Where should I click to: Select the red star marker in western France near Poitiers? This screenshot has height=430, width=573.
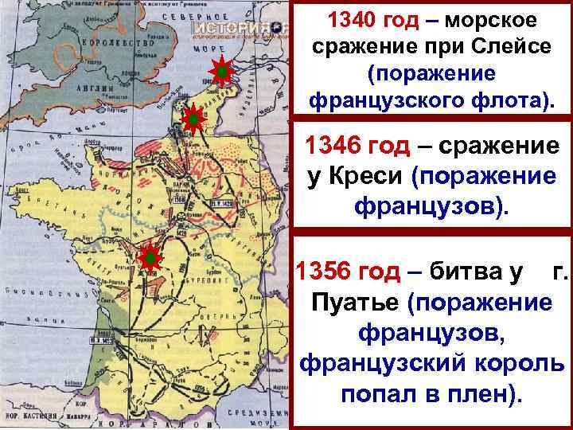click(x=149, y=258)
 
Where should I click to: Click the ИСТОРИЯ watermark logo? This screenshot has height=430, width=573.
click(x=240, y=27)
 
